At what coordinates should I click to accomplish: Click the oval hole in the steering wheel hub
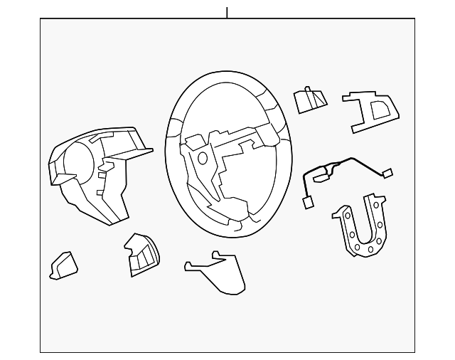click(x=203, y=158)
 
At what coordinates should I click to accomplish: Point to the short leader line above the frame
click(x=227, y=12)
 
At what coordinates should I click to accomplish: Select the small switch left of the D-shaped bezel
click(x=310, y=100)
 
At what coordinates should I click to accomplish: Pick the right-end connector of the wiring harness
click(x=387, y=173)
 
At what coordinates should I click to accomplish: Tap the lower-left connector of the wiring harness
click(x=309, y=203)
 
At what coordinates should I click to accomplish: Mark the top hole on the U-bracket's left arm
click(x=346, y=212)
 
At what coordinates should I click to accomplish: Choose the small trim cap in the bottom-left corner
click(x=63, y=265)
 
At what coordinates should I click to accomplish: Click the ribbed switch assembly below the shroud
click(x=141, y=254)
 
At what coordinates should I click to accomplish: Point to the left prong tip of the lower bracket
click(x=187, y=267)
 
